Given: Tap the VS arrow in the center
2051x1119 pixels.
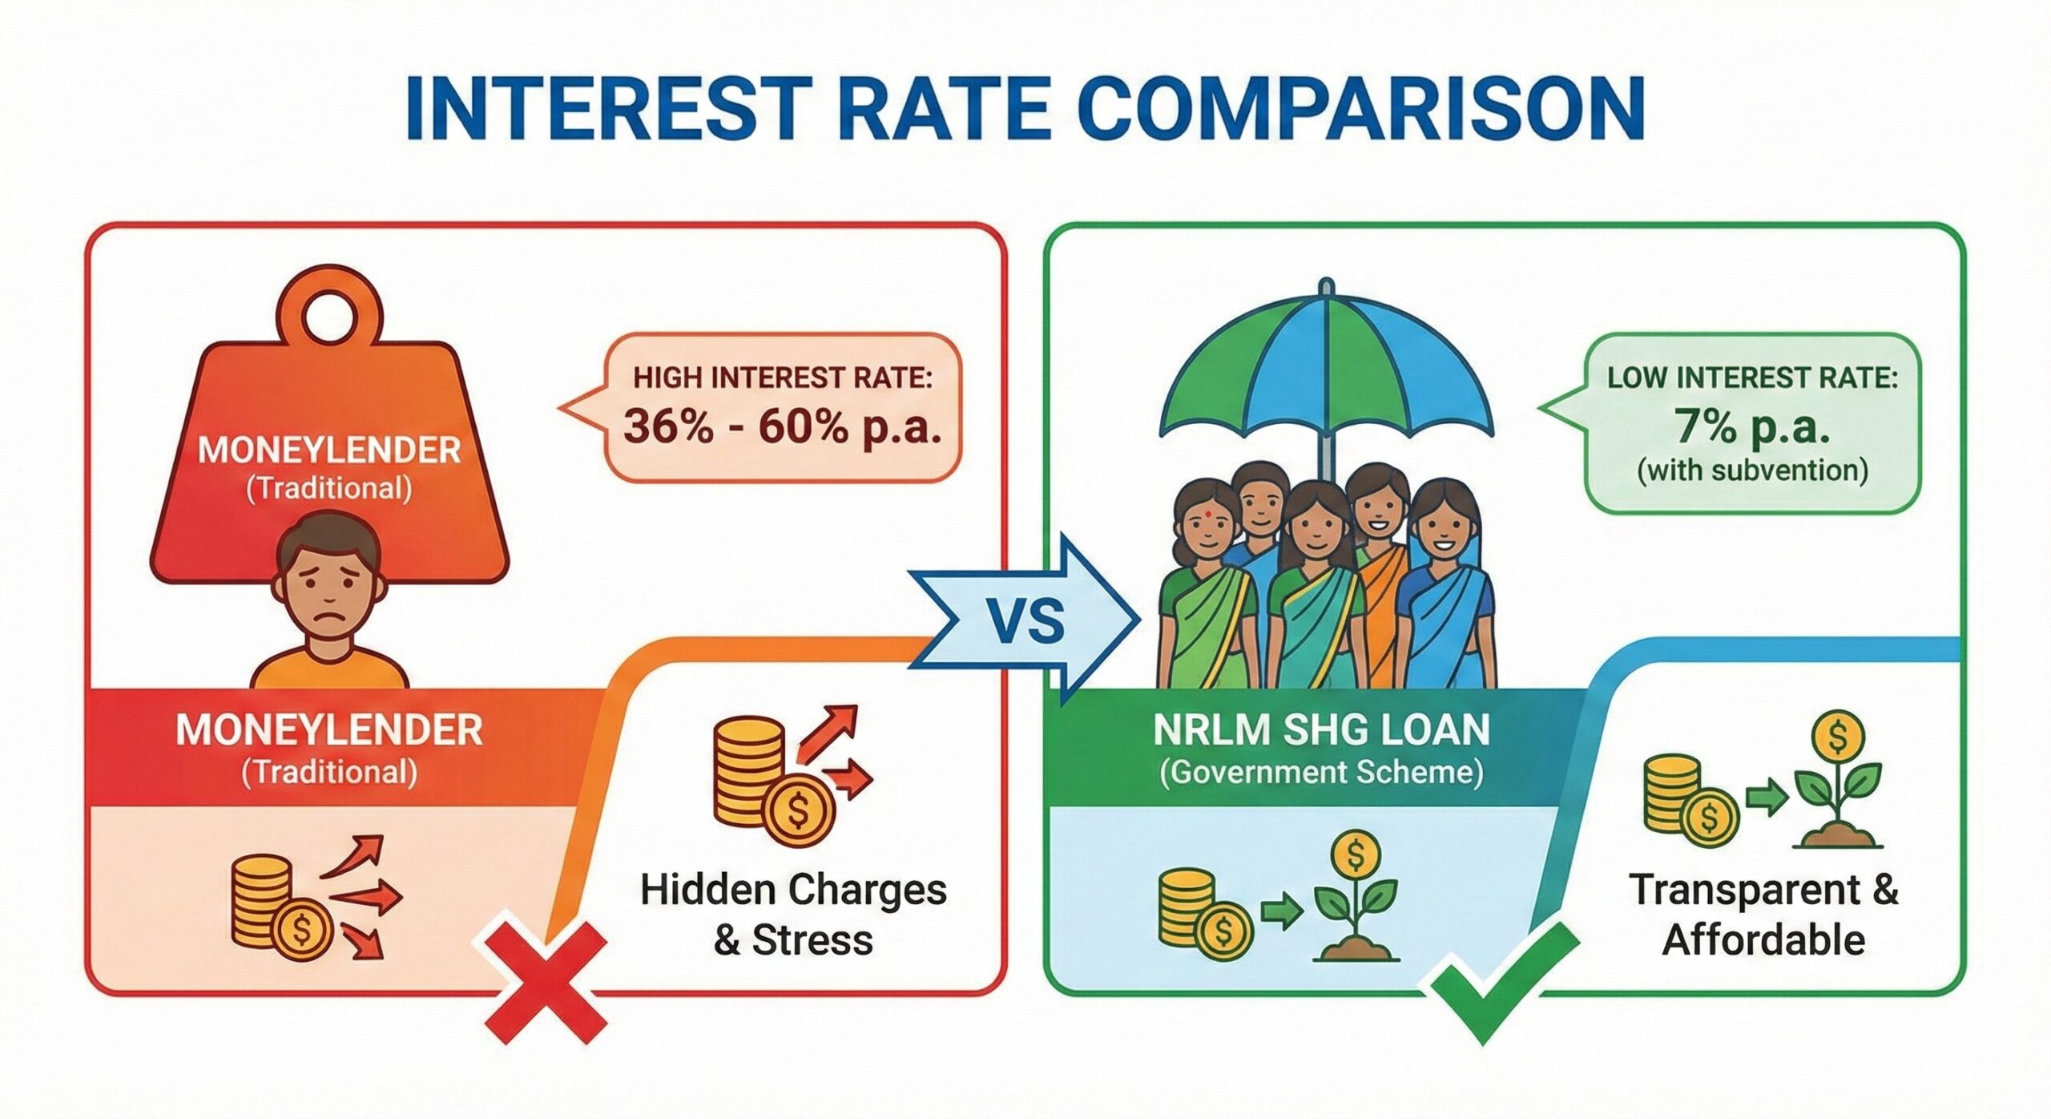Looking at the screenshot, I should (x=1025, y=620).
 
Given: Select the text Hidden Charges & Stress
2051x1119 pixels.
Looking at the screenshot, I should (x=793, y=914).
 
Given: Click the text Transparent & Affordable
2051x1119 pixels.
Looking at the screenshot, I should (x=1763, y=914).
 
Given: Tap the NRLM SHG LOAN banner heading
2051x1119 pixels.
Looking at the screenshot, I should (x=1321, y=729).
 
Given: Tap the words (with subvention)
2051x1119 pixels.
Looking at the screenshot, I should (x=1752, y=470).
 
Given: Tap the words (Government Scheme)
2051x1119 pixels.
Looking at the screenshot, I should (x=1321, y=773).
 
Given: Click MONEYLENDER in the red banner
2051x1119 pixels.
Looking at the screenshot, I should (x=328, y=729).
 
